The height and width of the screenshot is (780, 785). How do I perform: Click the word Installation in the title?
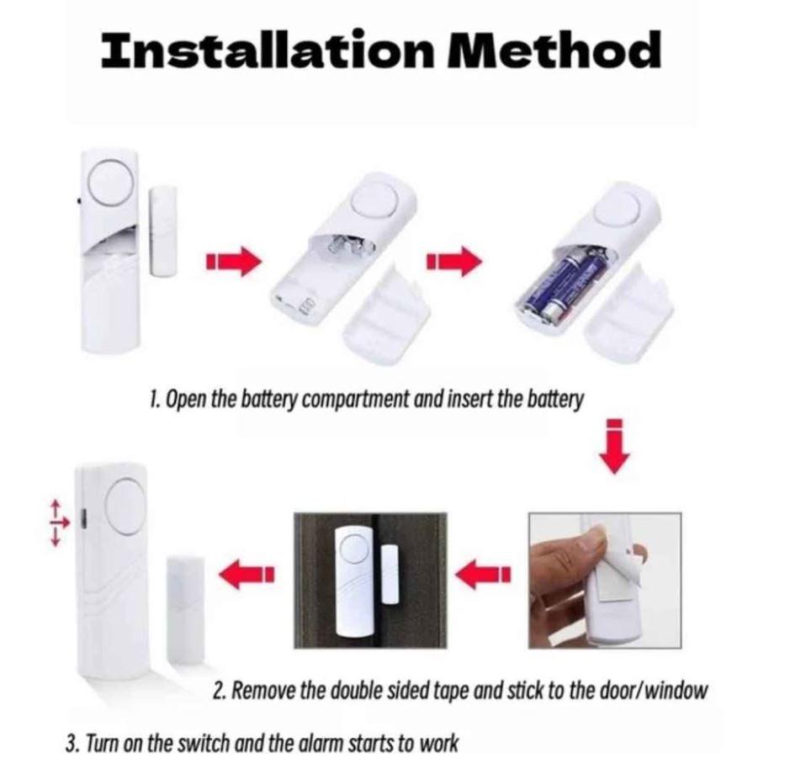(x=268, y=50)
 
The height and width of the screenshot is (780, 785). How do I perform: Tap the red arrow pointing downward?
(x=615, y=446)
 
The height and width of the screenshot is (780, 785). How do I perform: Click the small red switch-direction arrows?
(x=59, y=522)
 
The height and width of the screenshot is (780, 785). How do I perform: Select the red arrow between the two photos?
(x=484, y=573)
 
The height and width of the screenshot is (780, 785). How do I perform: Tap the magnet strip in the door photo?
(x=389, y=573)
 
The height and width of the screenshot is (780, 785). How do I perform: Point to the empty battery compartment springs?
(x=345, y=247)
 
